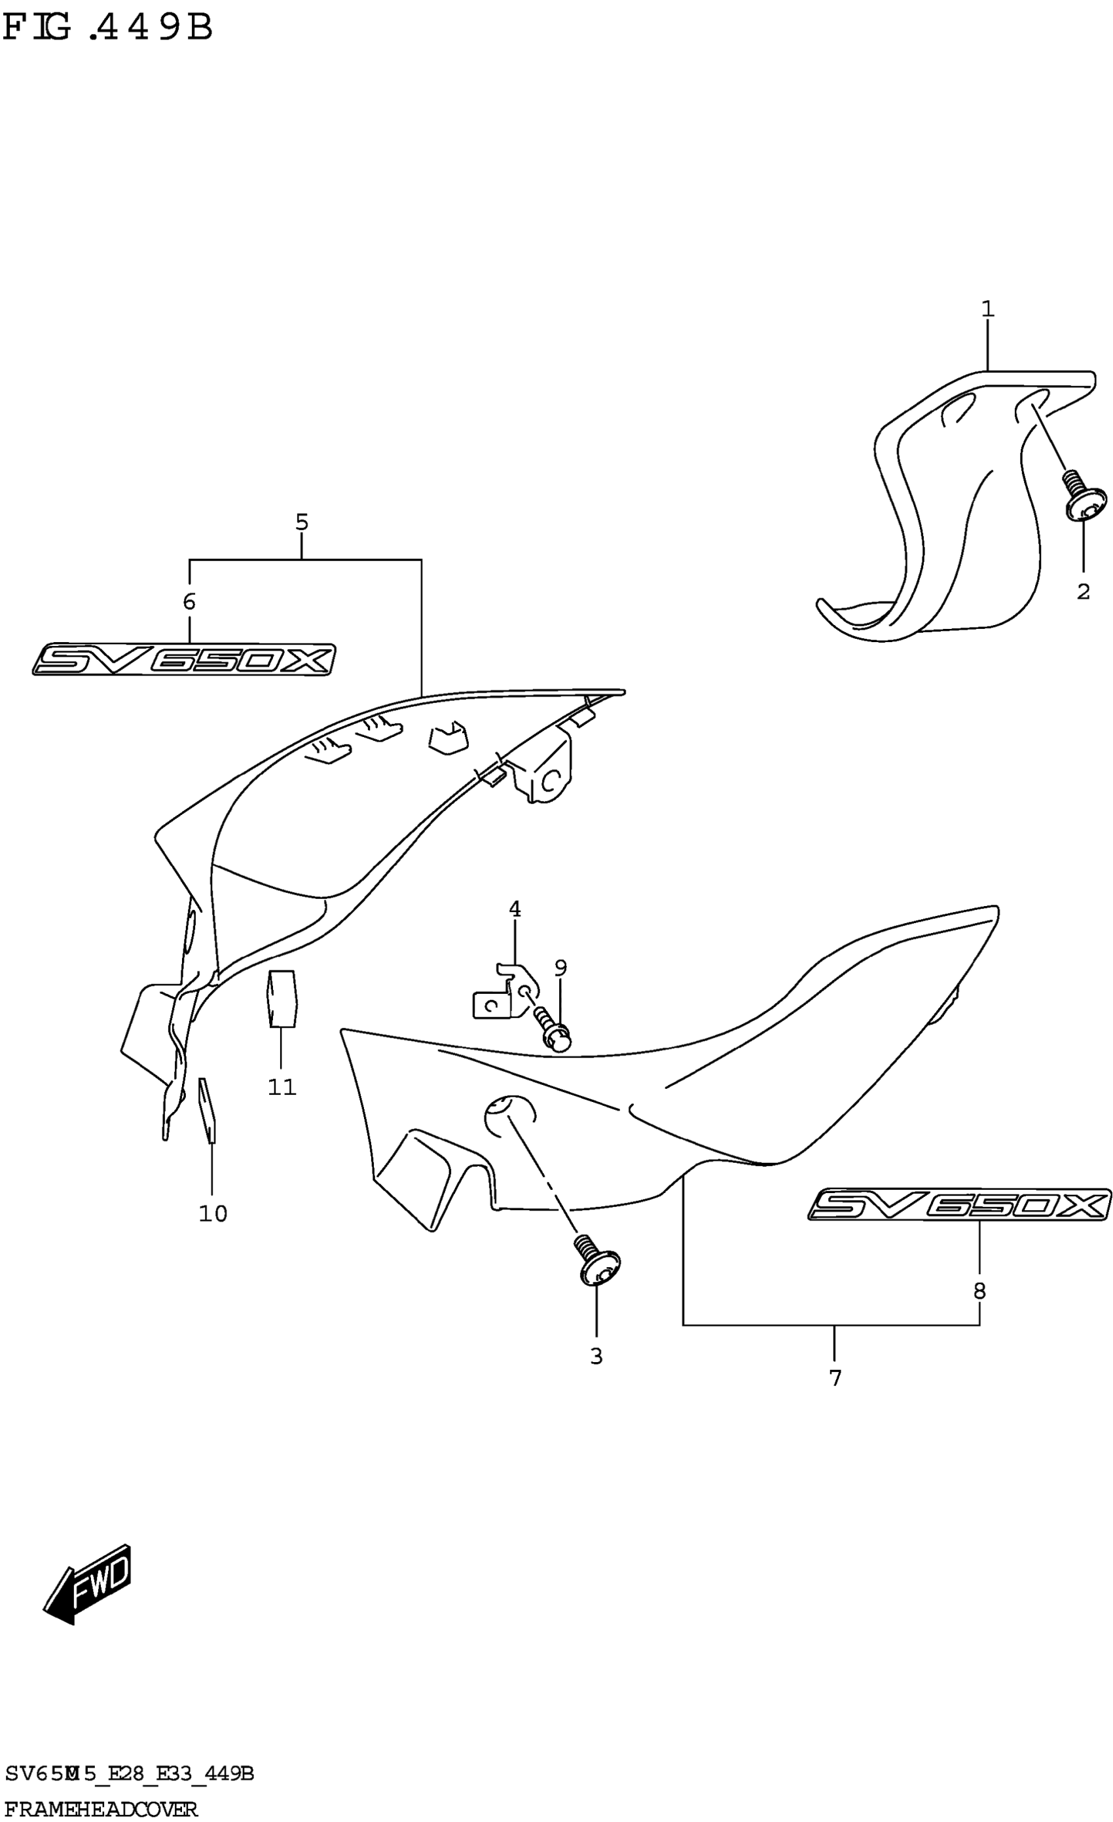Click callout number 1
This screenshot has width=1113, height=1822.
988,309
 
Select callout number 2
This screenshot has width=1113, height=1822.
1083,592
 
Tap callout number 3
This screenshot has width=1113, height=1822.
596,1356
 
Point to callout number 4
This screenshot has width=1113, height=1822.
515,909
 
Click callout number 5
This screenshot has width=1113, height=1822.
302,522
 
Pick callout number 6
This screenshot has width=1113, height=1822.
189,602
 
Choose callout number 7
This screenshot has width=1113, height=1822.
835,1378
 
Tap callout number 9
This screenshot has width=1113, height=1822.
560,967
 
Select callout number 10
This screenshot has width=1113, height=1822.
213,1213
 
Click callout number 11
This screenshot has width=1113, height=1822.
282,1087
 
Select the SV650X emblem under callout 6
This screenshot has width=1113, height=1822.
183,659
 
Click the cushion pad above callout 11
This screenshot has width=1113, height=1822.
282,999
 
